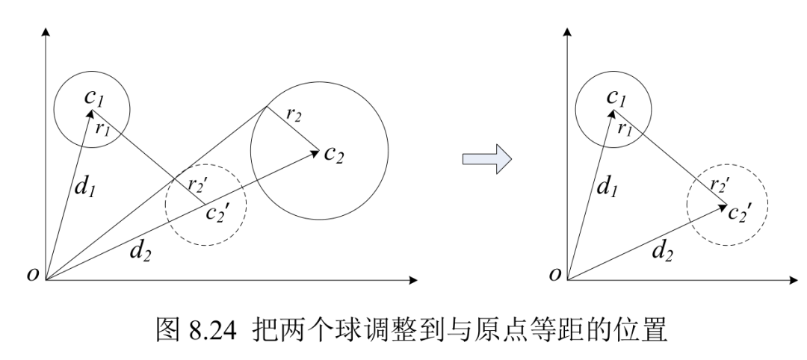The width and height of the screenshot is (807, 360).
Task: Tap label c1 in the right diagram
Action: coord(615,98)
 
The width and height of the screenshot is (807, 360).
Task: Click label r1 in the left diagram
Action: coord(102,128)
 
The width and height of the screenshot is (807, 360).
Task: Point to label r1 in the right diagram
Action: coord(624,128)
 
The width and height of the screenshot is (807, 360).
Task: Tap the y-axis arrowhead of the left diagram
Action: coord(47,33)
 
